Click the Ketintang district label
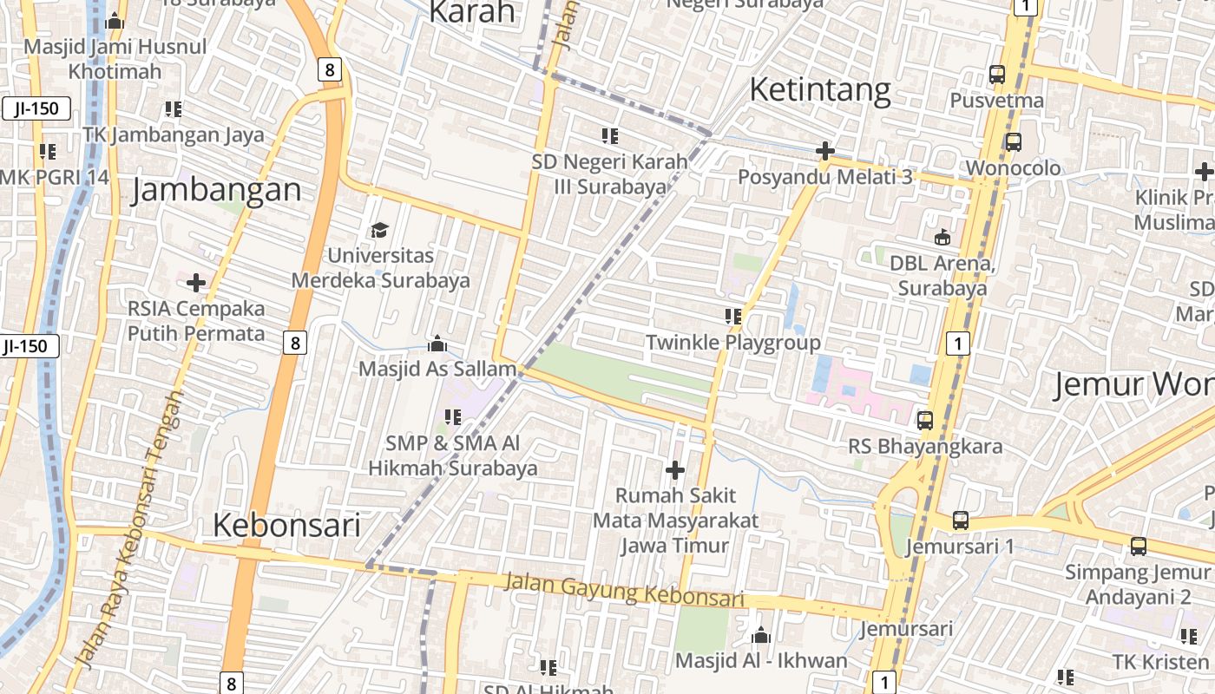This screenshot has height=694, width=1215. [819, 89]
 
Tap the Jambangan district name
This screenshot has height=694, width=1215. [216, 190]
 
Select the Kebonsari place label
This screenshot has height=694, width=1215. [286, 525]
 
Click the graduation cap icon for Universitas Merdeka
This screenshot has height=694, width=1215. [379, 230]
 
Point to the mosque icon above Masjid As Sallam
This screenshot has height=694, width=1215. [437, 344]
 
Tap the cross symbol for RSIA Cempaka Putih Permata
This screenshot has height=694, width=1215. [196, 282]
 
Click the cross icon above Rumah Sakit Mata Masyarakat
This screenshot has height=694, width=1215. [674, 470]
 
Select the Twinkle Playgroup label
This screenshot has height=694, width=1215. [732, 342]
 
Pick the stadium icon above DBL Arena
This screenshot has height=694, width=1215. [942, 237]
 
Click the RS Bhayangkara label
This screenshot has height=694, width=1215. [925, 447]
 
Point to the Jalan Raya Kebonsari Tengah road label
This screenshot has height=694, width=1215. [130, 529]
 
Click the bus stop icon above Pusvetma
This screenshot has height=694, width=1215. [996, 75]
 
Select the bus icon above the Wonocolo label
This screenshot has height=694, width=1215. [1013, 141]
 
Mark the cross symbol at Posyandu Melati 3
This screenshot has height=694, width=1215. [824, 152]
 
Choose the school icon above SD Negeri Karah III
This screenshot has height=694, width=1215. [610, 135]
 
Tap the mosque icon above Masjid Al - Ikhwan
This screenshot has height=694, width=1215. [761, 636]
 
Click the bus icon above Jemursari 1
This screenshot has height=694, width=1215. [960, 520]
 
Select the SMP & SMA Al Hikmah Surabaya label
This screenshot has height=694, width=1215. [452, 455]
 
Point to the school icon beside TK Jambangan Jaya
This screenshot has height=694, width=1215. [174, 109]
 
